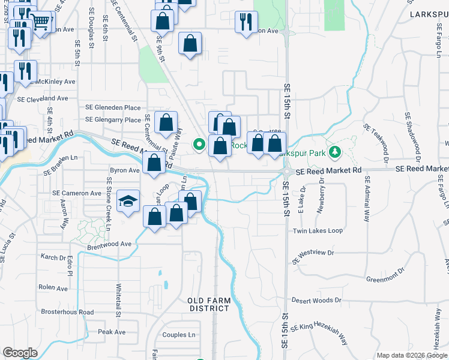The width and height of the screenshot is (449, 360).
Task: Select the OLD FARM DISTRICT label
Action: pyautogui.click(x=208, y=304)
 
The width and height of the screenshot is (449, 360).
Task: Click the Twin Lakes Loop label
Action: pyautogui.click(x=318, y=231)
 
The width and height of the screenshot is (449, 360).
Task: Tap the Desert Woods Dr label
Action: pyautogui.click(x=316, y=300)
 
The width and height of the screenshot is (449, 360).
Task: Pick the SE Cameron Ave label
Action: pyautogui.click(x=77, y=193)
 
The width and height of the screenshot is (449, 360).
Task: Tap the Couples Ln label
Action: pyautogui.click(x=179, y=335)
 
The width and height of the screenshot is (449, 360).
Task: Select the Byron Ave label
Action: pyautogui.click(x=125, y=170)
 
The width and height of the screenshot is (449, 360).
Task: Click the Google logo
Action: pyautogui.click(x=20, y=353)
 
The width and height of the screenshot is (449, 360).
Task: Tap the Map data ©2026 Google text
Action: pyautogui.click(x=411, y=355)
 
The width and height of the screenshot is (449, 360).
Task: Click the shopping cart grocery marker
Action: pyautogui.click(x=40, y=22)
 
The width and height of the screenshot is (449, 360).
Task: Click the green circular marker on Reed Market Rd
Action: pyautogui.click(x=199, y=144)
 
